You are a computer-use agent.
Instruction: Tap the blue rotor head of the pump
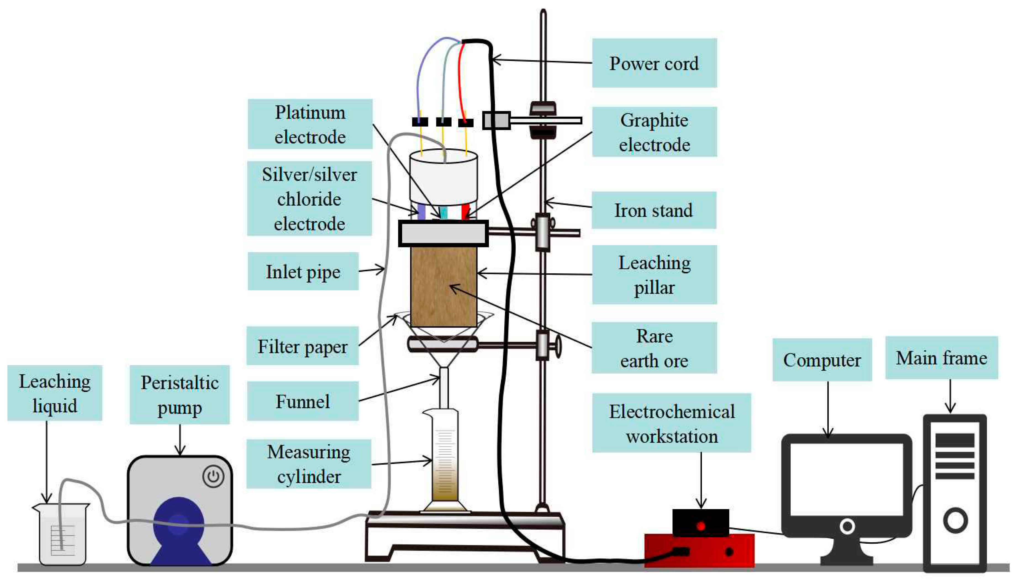(179, 522)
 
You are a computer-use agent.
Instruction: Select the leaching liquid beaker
(62, 535)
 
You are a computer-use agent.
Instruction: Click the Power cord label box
(654, 63)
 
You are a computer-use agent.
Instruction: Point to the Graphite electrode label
(654, 132)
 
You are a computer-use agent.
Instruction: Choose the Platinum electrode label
(310, 124)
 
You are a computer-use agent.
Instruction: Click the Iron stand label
(653, 210)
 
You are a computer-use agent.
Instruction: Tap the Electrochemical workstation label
(671, 423)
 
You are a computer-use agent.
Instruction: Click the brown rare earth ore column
(444, 287)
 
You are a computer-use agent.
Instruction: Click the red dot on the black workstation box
(701, 526)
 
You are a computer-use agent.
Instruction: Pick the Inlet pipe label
(303, 271)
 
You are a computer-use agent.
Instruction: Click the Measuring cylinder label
(308, 464)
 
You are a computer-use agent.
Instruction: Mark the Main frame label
(941, 358)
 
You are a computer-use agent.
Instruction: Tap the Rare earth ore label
(654, 348)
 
